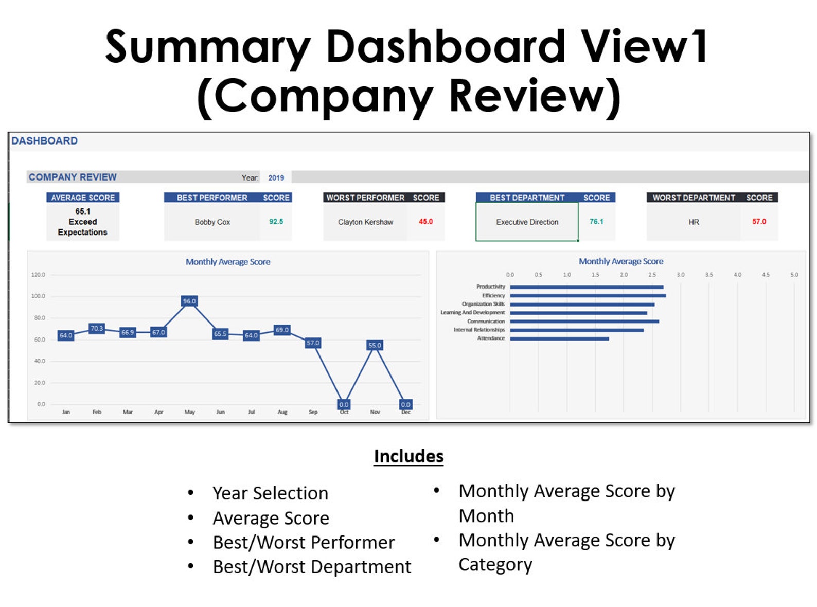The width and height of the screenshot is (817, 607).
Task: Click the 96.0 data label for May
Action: point(189,301)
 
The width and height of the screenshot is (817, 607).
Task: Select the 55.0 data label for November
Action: point(375,345)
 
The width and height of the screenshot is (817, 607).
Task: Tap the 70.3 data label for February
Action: point(97,328)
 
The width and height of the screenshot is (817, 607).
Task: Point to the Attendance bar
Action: point(559,338)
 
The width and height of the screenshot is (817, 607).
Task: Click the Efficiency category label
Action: point(493,295)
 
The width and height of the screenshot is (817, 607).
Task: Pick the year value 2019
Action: point(276,178)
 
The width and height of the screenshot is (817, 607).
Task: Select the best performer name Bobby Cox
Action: point(212,222)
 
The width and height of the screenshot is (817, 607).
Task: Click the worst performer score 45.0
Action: point(425,222)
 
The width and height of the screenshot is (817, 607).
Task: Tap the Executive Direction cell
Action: point(527,222)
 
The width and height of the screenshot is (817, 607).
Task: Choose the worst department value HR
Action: point(694,222)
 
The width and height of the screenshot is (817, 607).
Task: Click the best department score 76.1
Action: point(596,222)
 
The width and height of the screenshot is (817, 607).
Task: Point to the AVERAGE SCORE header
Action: point(83,198)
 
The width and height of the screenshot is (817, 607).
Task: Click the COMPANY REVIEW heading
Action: point(73,177)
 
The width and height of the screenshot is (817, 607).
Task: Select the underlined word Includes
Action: point(408,456)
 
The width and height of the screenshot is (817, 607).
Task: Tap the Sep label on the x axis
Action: point(313,412)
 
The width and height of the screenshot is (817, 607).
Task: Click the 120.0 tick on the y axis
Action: point(38,275)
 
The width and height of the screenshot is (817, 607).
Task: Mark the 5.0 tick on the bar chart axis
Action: point(794,275)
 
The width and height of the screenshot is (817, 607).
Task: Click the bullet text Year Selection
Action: point(270,493)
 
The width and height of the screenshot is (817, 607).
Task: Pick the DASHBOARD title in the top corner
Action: point(45,141)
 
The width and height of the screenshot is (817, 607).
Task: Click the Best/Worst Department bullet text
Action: point(312,567)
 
